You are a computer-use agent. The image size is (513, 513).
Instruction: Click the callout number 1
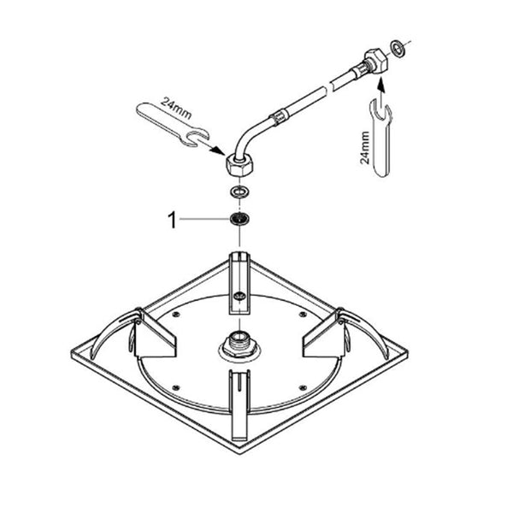click(172, 220)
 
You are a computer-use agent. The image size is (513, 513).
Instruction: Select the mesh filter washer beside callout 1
click(239, 219)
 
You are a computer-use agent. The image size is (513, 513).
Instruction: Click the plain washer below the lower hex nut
click(239, 192)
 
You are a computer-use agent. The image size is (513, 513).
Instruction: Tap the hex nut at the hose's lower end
click(239, 165)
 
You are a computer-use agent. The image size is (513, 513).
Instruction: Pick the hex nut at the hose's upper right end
click(376, 60)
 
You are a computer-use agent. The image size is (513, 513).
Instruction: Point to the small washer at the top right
click(397, 48)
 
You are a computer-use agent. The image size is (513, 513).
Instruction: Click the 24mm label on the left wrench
click(175, 108)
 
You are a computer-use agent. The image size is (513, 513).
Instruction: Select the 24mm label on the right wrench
click(364, 148)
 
